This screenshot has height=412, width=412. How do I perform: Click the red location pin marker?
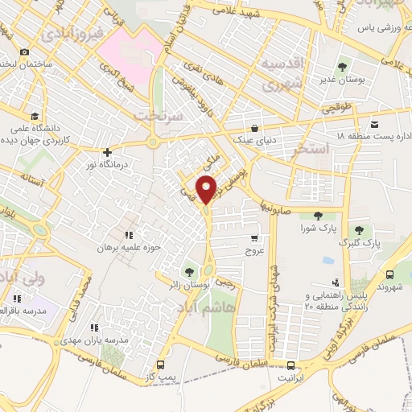pyautogui.click(x=208, y=188)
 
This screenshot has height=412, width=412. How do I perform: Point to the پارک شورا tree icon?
pyautogui.click(x=318, y=215)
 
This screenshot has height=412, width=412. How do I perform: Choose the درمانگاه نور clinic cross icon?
pyautogui.click(x=107, y=150)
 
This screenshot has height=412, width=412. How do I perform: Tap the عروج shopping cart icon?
pyautogui.click(x=255, y=238)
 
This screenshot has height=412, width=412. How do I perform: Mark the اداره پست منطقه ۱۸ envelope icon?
pyautogui.click(x=374, y=125)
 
